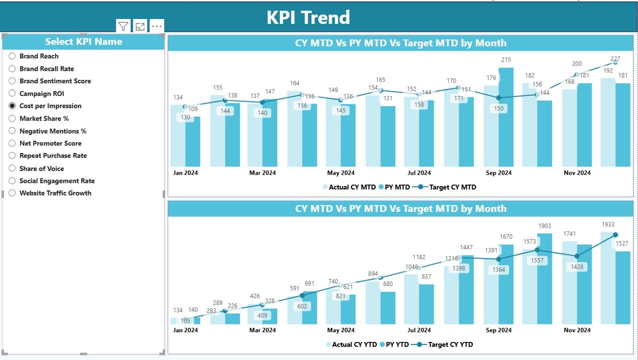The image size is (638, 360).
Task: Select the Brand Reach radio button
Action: (x=13, y=56)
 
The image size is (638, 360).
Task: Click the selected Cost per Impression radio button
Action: (x=13, y=106)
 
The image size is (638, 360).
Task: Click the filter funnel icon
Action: (x=123, y=26)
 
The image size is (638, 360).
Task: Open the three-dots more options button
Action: (x=157, y=26)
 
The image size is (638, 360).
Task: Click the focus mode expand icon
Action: (x=140, y=26)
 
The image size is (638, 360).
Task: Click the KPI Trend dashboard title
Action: (x=308, y=17)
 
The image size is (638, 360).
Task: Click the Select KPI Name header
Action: (x=84, y=42)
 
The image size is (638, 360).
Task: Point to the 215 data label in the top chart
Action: (x=506, y=60)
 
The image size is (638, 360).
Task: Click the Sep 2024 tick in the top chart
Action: (x=498, y=173)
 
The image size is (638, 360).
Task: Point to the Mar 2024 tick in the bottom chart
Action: (x=262, y=330)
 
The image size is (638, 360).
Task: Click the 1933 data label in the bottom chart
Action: (x=607, y=224)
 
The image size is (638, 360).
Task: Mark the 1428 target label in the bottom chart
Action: (x=577, y=267)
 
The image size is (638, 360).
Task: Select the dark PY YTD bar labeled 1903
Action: (x=545, y=280)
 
